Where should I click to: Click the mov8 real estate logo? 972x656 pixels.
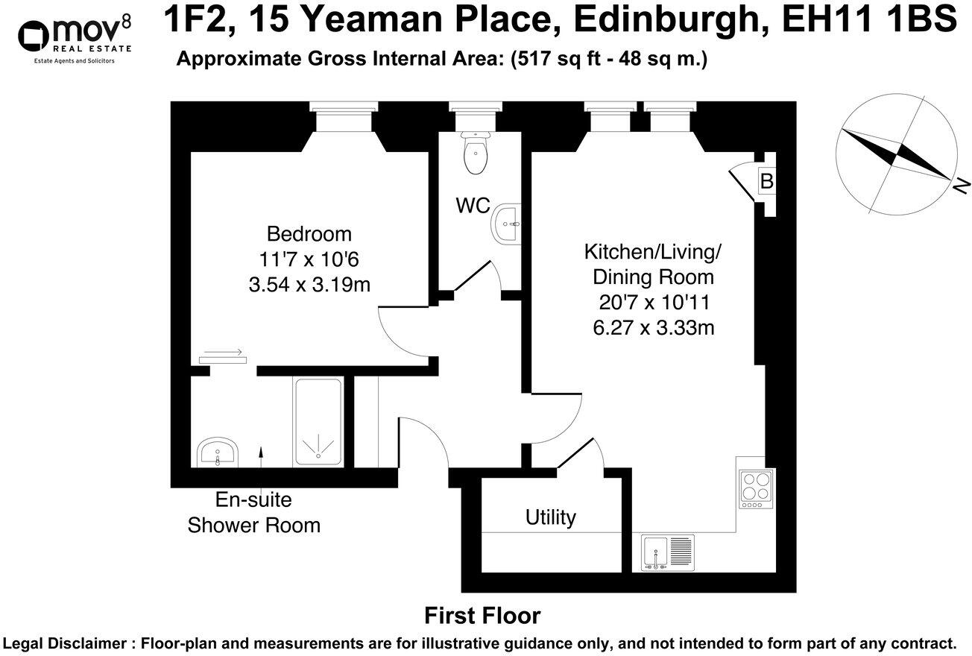(75, 36)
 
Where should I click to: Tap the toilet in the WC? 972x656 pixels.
(475, 153)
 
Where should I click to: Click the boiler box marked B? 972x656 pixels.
(766, 180)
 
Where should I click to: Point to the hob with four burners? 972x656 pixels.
(756, 489)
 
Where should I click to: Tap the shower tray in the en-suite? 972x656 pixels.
(318, 422)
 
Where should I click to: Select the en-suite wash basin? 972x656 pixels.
(218, 452)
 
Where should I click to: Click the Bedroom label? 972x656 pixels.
(309, 234)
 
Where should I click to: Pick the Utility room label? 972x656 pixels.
(550, 517)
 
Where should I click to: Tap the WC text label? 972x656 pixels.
(473, 206)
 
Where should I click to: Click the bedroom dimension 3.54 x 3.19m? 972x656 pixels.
(309, 285)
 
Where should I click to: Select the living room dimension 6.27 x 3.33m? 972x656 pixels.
(653, 327)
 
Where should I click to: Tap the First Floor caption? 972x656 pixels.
(482, 616)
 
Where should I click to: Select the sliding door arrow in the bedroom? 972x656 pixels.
(223, 353)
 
